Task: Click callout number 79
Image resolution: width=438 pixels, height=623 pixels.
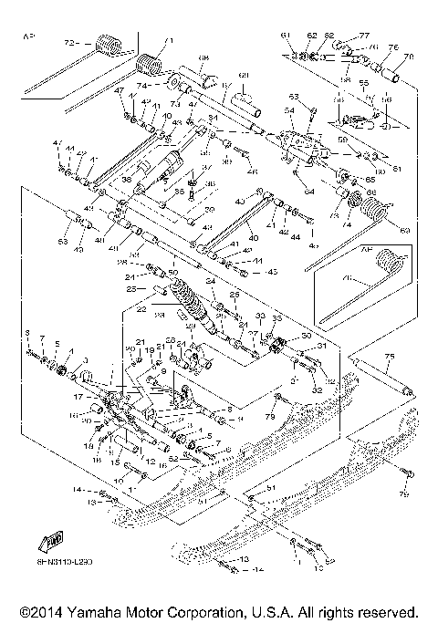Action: (270, 418)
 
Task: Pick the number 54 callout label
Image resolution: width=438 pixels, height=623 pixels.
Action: (290, 110)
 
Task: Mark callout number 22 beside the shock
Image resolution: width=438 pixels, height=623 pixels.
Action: (141, 309)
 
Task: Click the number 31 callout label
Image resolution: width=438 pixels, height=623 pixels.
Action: (320, 346)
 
